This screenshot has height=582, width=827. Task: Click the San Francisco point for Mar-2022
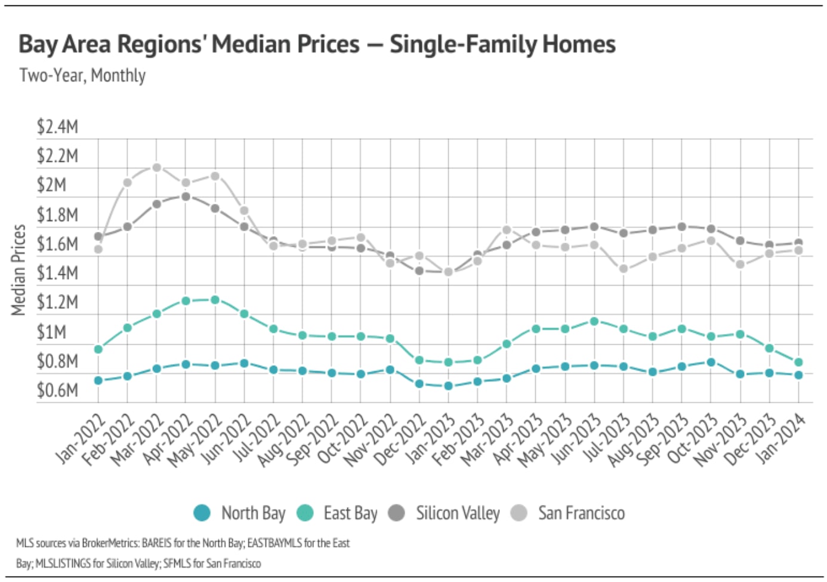pyautogui.click(x=156, y=167)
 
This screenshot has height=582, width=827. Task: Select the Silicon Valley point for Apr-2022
pyautogui.click(x=186, y=196)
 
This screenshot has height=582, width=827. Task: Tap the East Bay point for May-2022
pyautogui.click(x=215, y=299)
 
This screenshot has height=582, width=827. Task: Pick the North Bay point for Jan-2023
pyautogui.click(x=449, y=386)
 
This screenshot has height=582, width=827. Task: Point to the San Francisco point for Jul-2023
pyautogui.click(x=624, y=269)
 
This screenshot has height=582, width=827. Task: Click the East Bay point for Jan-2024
pyautogui.click(x=798, y=362)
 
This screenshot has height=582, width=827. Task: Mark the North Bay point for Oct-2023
pyautogui.click(x=711, y=362)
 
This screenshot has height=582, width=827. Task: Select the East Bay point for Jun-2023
pyautogui.click(x=594, y=321)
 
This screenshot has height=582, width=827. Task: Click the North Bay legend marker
pyautogui.click(x=202, y=513)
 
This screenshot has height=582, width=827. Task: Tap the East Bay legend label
pyautogui.click(x=350, y=513)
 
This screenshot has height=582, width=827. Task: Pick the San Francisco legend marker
pyautogui.click(x=519, y=513)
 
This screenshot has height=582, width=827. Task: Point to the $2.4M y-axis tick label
pyautogui.click(x=57, y=127)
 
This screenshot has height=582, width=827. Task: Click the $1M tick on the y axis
pyautogui.click(x=51, y=332)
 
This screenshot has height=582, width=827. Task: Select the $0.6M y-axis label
pyautogui.click(x=57, y=390)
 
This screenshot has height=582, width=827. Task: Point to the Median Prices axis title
pyautogui.click(x=18, y=269)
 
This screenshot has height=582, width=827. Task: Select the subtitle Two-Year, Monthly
pyautogui.click(x=82, y=75)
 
